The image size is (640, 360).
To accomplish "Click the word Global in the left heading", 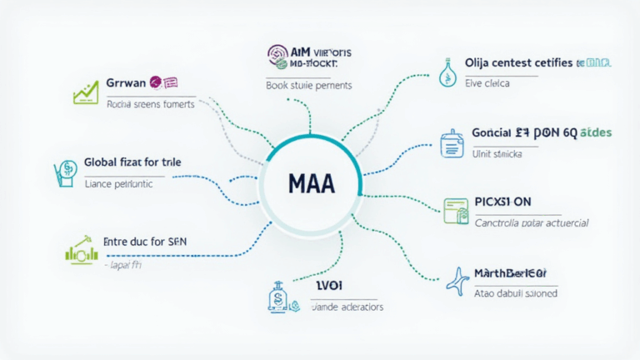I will click(103, 164).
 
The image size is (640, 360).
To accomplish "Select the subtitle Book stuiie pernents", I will click(308, 85).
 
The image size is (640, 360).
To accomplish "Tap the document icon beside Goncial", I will click(451, 142).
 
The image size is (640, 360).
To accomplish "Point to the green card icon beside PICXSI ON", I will click(454, 211).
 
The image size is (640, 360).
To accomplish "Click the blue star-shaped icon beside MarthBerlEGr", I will click(457, 281).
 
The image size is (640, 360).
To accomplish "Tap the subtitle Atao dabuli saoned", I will click(515, 293).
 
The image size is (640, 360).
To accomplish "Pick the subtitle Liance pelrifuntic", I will click(118, 184).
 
